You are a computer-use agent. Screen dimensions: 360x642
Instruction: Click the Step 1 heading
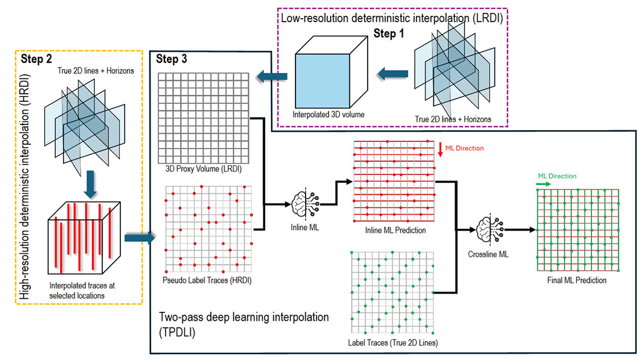click(x=389, y=34)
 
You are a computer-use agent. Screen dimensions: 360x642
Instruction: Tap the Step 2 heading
click(x=37, y=58)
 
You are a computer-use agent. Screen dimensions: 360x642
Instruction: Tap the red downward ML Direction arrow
click(x=440, y=149)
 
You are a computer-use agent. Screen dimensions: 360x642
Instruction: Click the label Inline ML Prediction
click(x=395, y=231)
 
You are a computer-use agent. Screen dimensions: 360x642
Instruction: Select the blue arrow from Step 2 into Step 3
click(x=138, y=237)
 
